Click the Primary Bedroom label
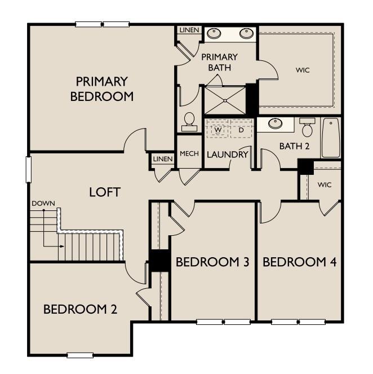(x=102, y=89)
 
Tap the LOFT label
(x=105, y=192)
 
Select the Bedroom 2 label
(x=80, y=309)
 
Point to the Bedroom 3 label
(x=212, y=262)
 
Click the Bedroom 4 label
(x=300, y=262)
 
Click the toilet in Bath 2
(x=307, y=127)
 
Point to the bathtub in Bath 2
(x=331, y=138)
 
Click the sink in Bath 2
(x=276, y=124)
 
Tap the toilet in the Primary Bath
(x=189, y=122)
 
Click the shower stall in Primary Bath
(x=225, y=100)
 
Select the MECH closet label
(x=189, y=153)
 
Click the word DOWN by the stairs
(x=43, y=204)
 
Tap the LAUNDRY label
(x=228, y=155)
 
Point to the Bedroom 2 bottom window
(x=80, y=355)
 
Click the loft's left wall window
(x=29, y=170)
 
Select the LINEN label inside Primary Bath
(x=189, y=30)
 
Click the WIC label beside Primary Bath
(x=303, y=70)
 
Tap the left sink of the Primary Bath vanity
(x=214, y=33)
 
